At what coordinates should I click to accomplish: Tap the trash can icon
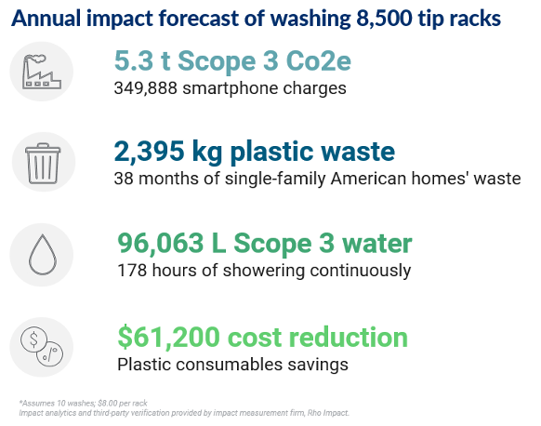point(37,161)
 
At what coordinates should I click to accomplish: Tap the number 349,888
point(146,89)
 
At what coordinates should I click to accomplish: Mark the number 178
point(131,271)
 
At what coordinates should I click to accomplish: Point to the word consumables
point(229,364)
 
